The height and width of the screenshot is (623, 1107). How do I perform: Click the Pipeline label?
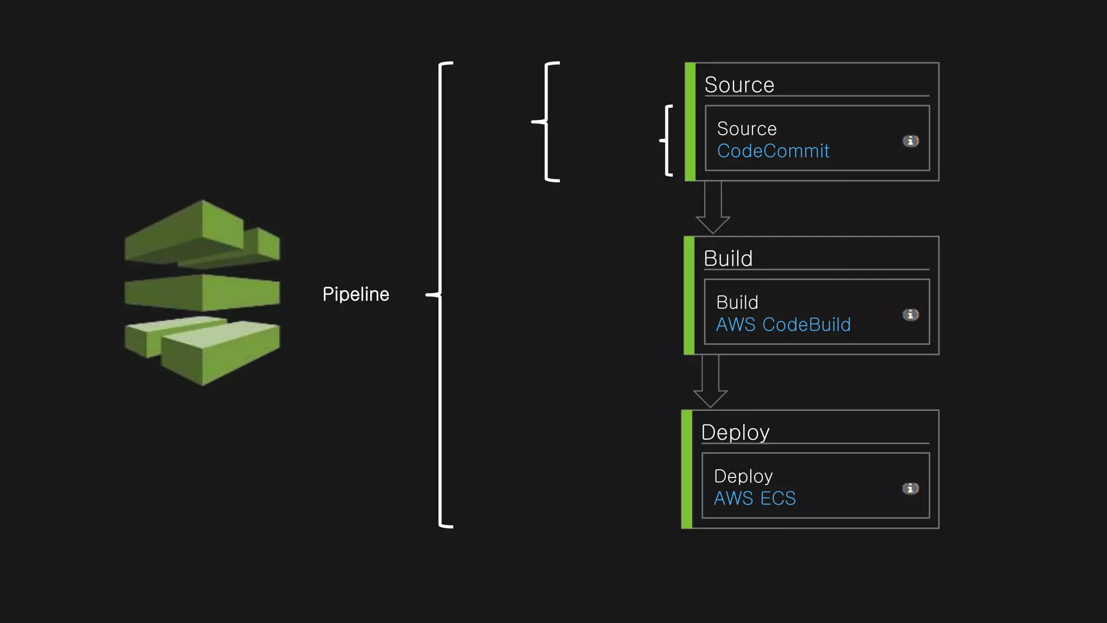click(356, 294)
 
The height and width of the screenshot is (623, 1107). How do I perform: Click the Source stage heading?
click(739, 85)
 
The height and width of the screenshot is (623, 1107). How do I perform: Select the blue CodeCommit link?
click(772, 151)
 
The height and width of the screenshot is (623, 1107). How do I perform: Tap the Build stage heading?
click(728, 259)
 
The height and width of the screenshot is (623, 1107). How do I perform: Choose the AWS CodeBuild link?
click(783, 324)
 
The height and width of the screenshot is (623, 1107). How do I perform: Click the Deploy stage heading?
click(735, 432)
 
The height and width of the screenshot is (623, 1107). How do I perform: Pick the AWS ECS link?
click(755, 498)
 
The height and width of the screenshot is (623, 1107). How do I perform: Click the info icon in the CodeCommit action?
click(910, 141)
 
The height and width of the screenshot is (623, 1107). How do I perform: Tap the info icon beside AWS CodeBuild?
click(910, 315)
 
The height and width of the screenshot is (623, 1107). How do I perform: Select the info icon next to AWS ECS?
click(910, 488)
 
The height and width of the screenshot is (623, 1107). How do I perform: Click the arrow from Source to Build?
click(712, 208)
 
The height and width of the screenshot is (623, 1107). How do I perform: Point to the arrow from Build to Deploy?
click(710, 382)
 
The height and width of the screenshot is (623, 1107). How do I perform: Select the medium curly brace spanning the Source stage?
click(546, 122)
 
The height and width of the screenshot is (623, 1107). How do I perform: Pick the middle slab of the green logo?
click(203, 293)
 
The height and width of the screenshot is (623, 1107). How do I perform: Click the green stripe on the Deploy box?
click(686, 469)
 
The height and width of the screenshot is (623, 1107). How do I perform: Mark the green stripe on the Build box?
click(689, 295)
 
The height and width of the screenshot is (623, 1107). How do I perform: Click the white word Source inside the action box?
click(746, 129)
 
